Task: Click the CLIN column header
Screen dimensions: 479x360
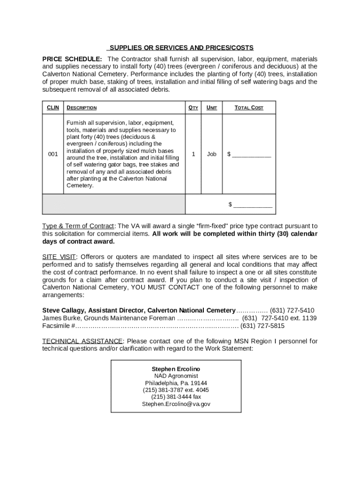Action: click(x=53, y=108)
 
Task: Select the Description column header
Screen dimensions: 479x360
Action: click(x=82, y=108)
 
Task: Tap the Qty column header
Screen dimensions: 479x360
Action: click(x=193, y=108)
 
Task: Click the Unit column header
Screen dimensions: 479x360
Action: click(x=212, y=108)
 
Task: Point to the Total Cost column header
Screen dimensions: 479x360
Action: click(x=249, y=108)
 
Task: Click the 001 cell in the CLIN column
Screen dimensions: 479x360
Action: click(x=53, y=154)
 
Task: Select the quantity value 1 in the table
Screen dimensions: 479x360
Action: click(x=193, y=154)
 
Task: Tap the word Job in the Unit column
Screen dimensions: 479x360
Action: click(x=212, y=154)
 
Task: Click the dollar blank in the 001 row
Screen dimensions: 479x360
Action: click(x=249, y=154)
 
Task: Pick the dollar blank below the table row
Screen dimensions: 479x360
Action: click(x=251, y=204)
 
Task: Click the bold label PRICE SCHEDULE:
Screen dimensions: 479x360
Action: click(x=72, y=59)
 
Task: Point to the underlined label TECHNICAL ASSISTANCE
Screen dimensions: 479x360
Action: click(x=82, y=341)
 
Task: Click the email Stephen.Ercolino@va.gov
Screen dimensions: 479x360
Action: click(x=176, y=404)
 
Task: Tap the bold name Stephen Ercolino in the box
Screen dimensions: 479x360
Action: click(x=176, y=369)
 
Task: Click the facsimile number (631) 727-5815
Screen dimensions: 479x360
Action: click(x=262, y=326)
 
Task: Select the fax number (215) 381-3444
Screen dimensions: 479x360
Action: click(x=176, y=397)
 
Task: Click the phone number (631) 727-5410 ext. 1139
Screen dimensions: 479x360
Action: click(x=279, y=318)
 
